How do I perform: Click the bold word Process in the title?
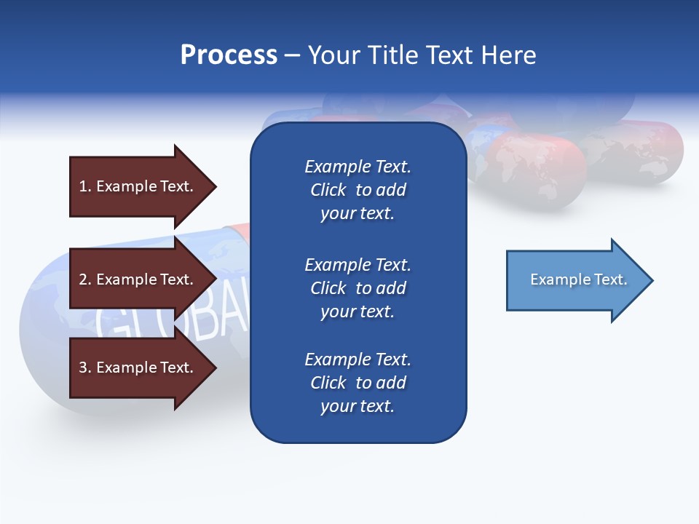(x=229, y=55)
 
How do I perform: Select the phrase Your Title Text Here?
(x=422, y=55)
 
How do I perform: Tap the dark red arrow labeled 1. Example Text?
(x=138, y=186)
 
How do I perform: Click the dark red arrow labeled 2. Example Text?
(x=138, y=279)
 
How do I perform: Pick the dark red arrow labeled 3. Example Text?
(x=138, y=368)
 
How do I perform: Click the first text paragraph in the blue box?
(x=358, y=190)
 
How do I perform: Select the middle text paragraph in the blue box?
(x=358, y=288)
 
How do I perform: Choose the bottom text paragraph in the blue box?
(x=358, y=383)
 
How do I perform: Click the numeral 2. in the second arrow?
(x=85, y=279)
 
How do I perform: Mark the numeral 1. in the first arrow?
(x=85, y=186)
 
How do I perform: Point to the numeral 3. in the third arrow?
(x=85, y=368)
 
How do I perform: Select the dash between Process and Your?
(x=292, y=55)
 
